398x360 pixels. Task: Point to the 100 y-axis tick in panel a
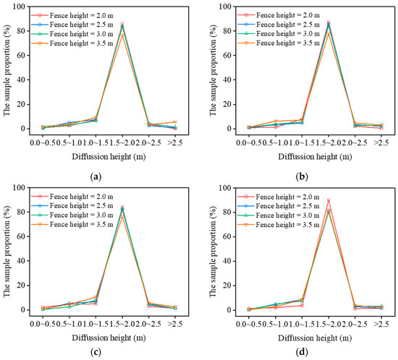click(20, 7)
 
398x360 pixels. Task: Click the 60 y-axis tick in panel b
click(219, 55)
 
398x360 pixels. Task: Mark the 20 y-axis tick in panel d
click(219, 286)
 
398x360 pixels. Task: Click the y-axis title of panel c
click(7, 249)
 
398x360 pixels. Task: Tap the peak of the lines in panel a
click(122, 24)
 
